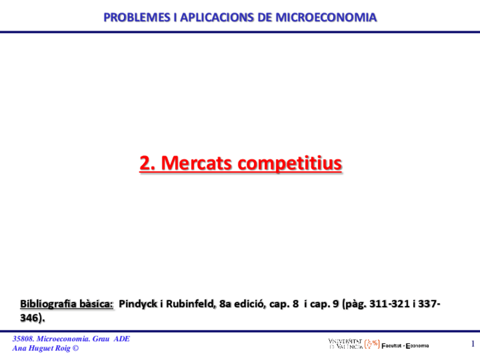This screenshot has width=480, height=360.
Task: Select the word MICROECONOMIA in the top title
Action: click(326, 18)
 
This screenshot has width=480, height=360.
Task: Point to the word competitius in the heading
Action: click(289, 163)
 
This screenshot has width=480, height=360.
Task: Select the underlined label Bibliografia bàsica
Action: click(67, 305)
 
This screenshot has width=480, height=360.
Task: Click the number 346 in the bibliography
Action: click(29, 318)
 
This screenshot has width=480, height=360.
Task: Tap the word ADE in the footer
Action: click(122, 339)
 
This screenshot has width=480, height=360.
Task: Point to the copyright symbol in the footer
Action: click(76, 348)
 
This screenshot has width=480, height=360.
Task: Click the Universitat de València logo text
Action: click(345, 344)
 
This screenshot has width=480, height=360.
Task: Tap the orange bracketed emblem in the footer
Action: click(372, 344)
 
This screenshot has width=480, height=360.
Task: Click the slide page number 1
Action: click(473, 344)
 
